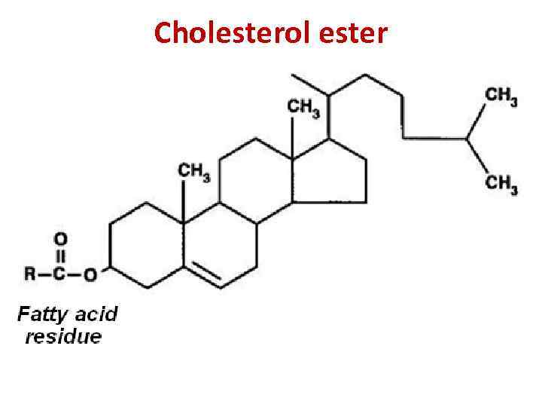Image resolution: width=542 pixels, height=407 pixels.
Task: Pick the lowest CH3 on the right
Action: pyautogui.click(x=501, y=183)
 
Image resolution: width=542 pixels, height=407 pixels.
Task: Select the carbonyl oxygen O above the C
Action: pyautogui.click(x=61, y=237)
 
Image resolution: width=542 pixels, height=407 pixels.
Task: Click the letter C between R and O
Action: pyautogui.click(x=61, y=274)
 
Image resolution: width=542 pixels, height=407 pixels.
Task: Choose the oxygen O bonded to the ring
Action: pyautogui.click(x=90, y=274)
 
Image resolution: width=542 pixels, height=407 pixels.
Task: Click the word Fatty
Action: pyautogui.click(x=44, y=313)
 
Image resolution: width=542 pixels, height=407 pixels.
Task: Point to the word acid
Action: pyautogui.click(x=97, y=313)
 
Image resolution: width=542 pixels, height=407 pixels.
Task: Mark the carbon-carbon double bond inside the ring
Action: pyautogui.click(x=203, y=277)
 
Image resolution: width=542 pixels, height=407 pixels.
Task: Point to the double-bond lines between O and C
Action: pyautogui.click(x=61, y=256)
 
